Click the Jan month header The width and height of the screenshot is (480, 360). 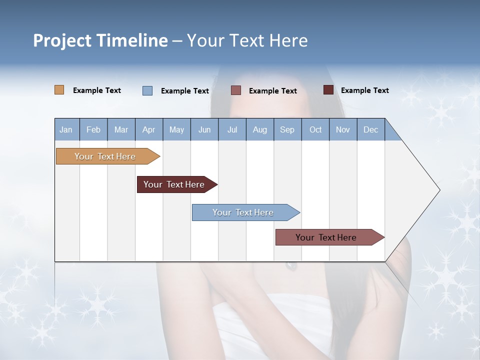[x=66, y=130]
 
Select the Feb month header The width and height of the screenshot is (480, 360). [x=93, y=130]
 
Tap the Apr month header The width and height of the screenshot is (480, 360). [x=148, y=130]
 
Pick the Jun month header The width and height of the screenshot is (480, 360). [x=204, y=130]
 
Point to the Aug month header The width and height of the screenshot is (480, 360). [x=260, y=130]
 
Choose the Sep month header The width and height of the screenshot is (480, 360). [x=287, y=130]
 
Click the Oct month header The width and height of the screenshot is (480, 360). [x=315, y=130]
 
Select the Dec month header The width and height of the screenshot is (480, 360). [x=370, y=130]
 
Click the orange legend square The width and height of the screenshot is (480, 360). [x=59, y=90]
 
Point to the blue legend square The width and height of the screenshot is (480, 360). [x=147, y=90]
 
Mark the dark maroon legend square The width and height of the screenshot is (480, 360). [x=328, y=90]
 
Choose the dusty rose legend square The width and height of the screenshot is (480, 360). [x=236, y=90]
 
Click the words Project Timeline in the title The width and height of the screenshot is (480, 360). [x=100, y=40]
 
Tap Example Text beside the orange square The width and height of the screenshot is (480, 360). [x=97, y=90]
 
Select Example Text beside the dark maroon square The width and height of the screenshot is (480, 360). [x=364, y=90]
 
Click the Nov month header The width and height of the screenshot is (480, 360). [x=343, y=130]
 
